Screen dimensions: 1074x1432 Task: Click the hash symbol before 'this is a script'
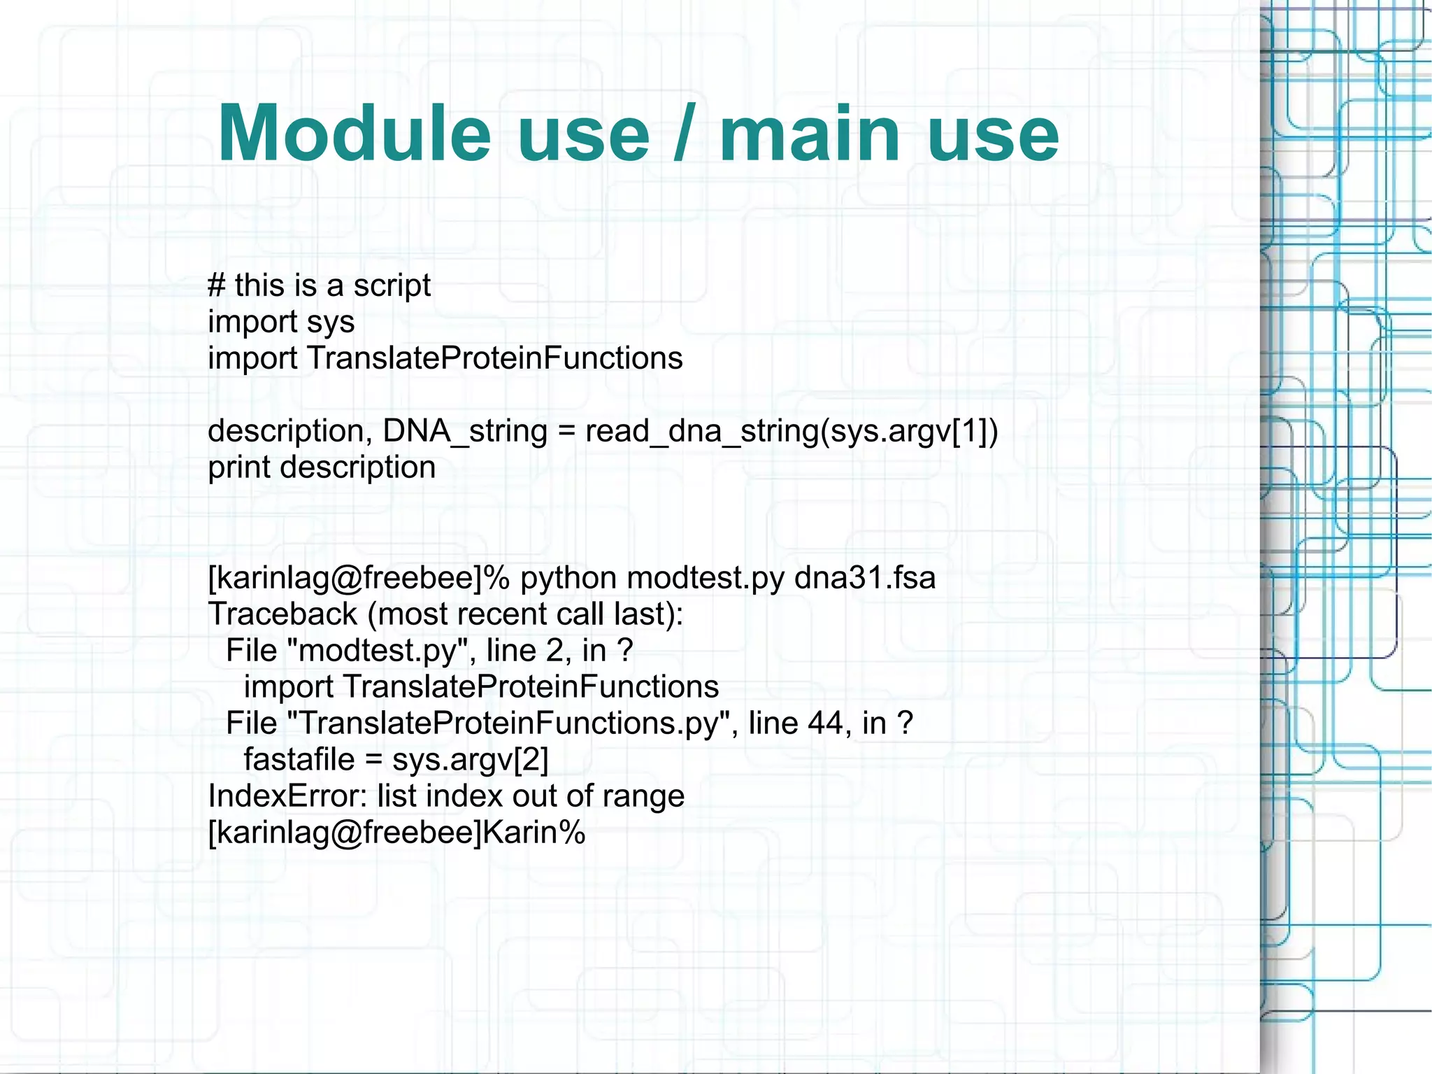[217, 285]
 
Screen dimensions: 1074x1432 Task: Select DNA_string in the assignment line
[465, 431]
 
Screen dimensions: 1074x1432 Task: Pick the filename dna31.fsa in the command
[865, 578]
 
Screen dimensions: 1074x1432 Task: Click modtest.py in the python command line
[706, 578]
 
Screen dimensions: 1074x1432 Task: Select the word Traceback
[282, 614]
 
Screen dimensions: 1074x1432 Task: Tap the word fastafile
[299, 760]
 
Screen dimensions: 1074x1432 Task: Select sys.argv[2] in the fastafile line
[471, 760]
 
